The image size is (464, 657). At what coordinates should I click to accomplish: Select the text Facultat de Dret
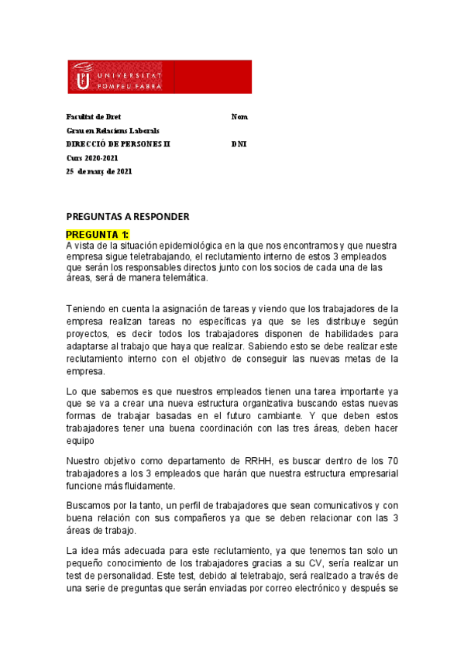88,116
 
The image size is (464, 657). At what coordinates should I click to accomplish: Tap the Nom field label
239,116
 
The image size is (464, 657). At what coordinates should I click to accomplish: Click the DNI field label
239,144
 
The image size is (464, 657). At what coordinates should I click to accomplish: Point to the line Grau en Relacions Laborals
112,130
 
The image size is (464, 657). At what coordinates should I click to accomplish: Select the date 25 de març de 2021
99,172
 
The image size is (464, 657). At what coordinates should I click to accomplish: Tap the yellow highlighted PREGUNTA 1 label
98,234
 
